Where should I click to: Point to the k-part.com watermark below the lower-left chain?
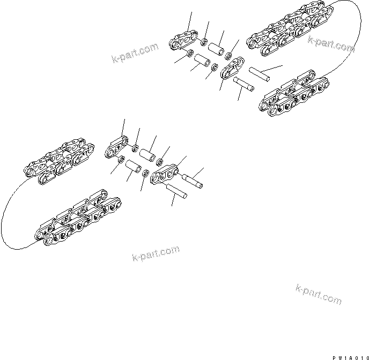point(156,254)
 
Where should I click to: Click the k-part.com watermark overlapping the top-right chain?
point(331,45)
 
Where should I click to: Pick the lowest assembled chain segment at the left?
point(78,220)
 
